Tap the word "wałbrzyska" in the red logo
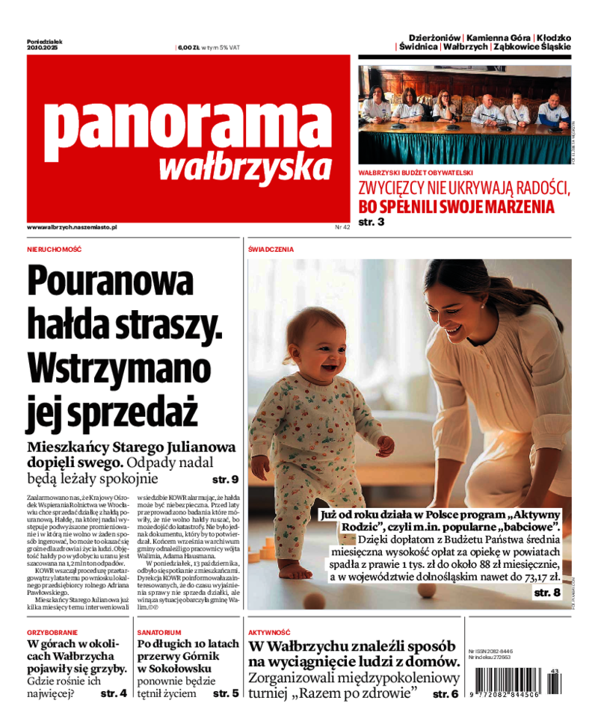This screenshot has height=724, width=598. pyautogui.click(x=245, y=167)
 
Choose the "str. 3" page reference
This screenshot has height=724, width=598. pyautogui.click(x=372, y=222)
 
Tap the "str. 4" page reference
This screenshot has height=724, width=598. pyautogui.click(x=113, y=693)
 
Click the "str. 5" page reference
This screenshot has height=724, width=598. pyautogui.click(x=226, y=693)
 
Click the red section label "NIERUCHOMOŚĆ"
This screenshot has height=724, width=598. pyautogui.click(x=54, y=249)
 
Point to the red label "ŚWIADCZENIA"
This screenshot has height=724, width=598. pyautogui.click(x=271, y=249)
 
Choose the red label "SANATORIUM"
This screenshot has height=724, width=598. pyautogui.click(x=158, y=632)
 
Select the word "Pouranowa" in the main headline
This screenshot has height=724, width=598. pyautogui.click(x=110, y=282)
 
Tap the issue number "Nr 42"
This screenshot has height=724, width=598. pyautogui.click(x=342, y=226)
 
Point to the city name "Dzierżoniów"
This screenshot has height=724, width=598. pyautogui.click(x=434, y=37)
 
